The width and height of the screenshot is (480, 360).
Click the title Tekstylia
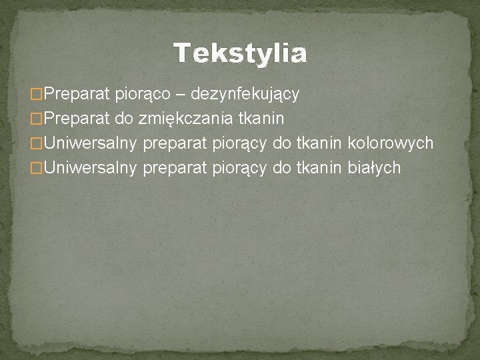coord(240,53)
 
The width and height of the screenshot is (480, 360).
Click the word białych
coord(375,167)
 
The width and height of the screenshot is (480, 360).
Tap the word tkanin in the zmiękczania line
coord(266,119)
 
